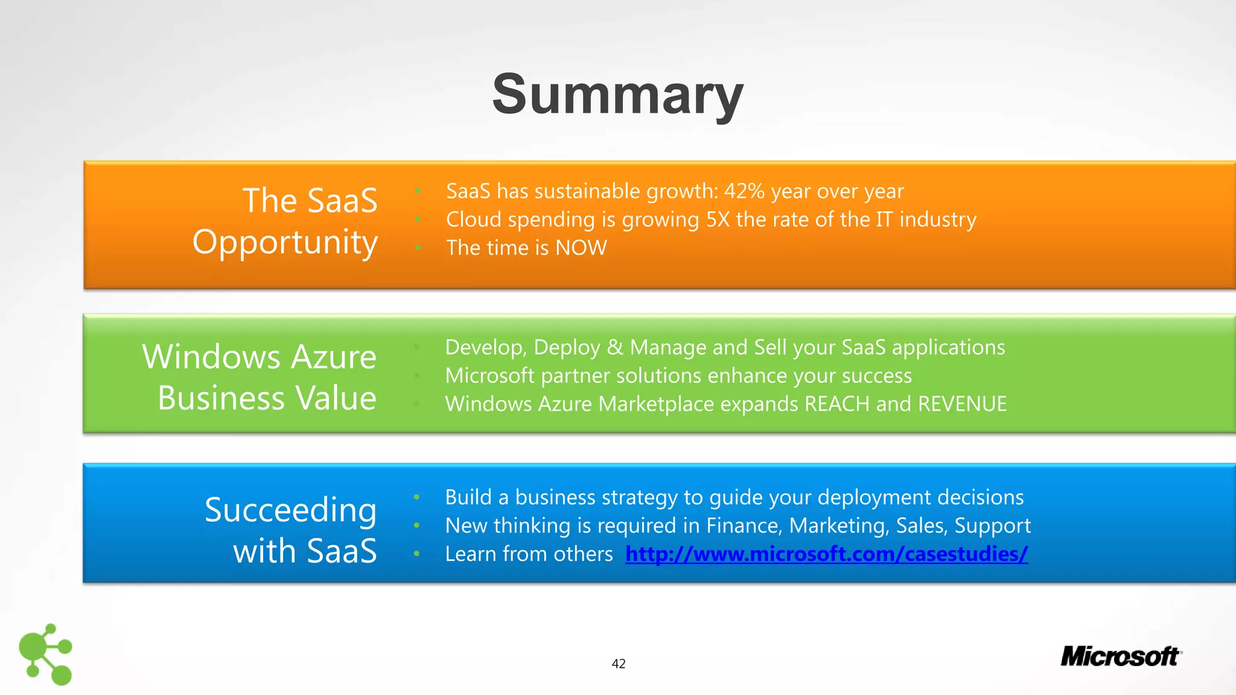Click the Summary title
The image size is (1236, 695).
pos(617,95)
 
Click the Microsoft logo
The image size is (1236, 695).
pos(1120,656)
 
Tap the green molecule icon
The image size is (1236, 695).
pos(45,655)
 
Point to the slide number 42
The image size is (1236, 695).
pos(618,664)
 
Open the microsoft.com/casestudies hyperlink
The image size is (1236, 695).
pos(826,554)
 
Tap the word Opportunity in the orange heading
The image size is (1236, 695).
pos(285,243)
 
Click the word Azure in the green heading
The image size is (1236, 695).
pos(333,357)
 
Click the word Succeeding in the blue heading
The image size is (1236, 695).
pos(290,510)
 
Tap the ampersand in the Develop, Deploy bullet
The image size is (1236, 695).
pos(614,347)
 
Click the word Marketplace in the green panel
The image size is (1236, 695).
pos(656,404)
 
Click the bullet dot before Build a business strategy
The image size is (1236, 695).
pos(416,497)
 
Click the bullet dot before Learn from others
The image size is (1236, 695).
pos(416,554)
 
